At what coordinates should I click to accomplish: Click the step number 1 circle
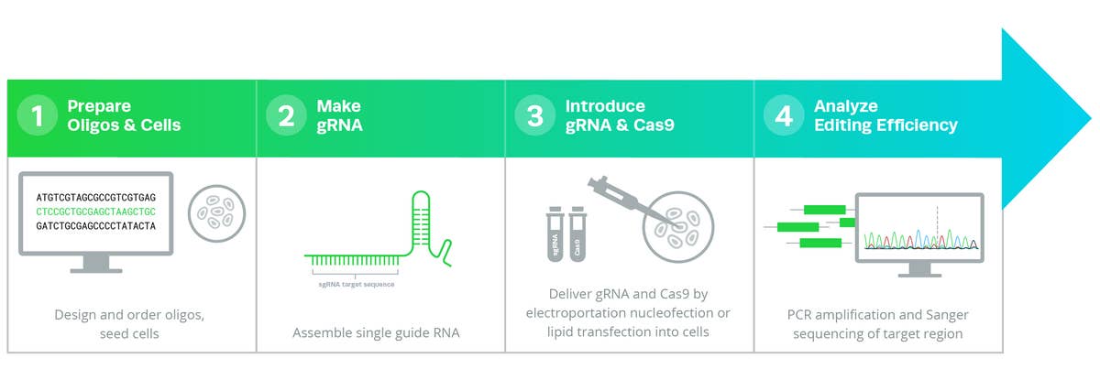pyautogui.click(x=38, y=116)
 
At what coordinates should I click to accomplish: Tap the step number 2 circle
pyautogui.click(x=286, y=116)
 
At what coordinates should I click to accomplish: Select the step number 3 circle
pyautogui.click(x=534, y=116)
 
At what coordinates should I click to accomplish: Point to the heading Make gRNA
pyautogui.click(x=339, y=115)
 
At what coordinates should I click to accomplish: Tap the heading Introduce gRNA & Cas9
pyautogui.click(x=620, y=115)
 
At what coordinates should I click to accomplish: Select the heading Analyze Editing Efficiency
pyautogui.click(x=885, y=115)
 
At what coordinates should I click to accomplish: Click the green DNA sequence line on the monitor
pyautogui.click(x=96, y=211)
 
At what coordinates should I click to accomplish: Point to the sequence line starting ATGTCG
pyautogui.click(x=96, y=197)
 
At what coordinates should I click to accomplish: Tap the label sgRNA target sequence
pyautogui.click(x=351, y=285)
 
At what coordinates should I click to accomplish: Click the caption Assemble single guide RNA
pyautogui.click(x=376, y=333)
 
